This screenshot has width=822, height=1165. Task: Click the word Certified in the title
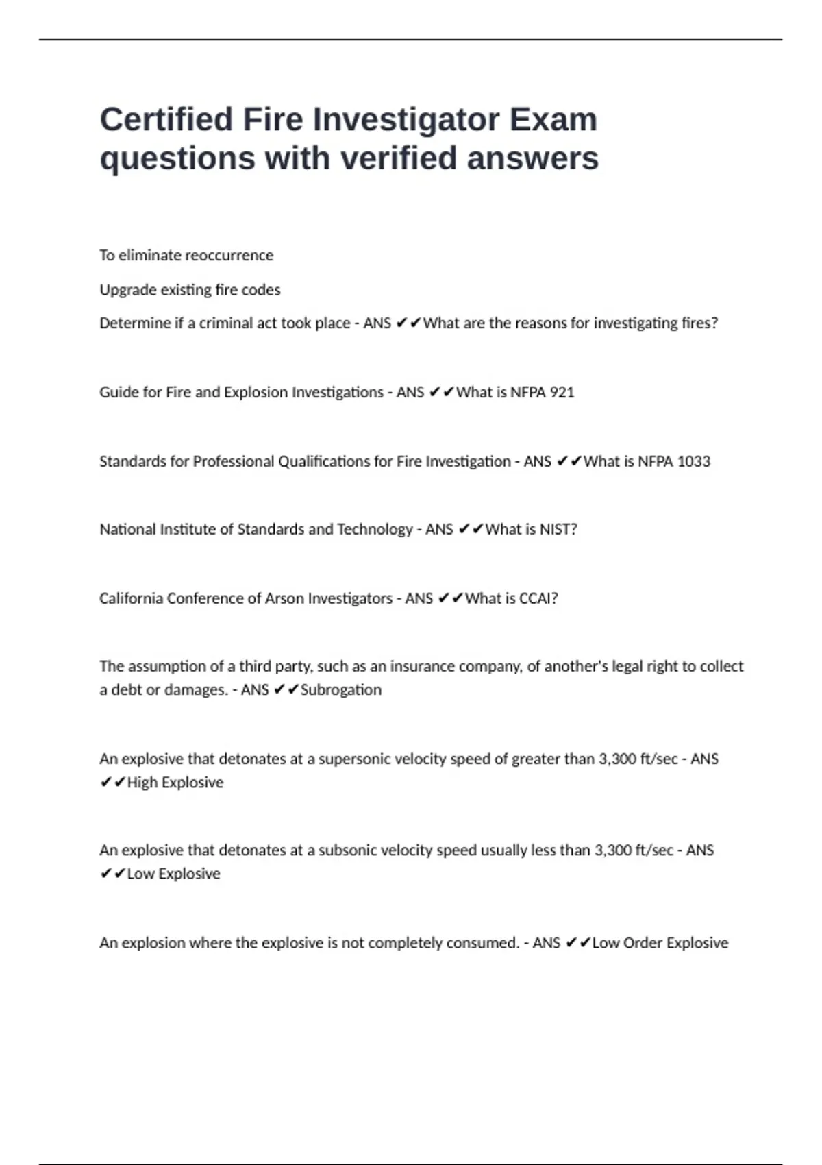tap(166, 119)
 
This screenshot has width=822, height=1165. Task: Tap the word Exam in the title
tap(553, 119)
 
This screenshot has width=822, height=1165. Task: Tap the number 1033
tap(693, 461)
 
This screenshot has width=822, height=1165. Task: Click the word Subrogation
tap(340, 689)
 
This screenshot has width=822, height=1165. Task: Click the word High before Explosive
tap(142, 783)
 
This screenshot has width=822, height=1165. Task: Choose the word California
tap(131, 598)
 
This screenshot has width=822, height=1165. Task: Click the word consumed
tap(482, 943)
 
